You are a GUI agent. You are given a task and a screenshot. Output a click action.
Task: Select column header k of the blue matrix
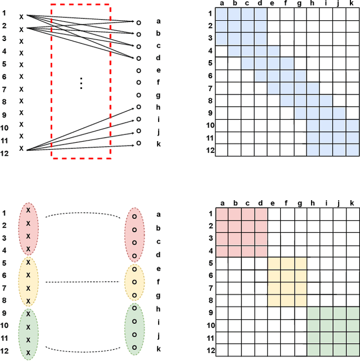click(352, 4)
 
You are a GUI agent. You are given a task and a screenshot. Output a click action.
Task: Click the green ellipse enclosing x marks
click(28, 334)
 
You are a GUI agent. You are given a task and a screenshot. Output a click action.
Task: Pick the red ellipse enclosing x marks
click(28, 229)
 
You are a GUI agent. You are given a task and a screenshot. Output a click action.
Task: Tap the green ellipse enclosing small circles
click(134, 328)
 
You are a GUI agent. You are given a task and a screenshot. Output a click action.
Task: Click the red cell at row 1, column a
click(222, 214)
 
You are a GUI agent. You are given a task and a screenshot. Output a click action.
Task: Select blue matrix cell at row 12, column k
click(352, 150)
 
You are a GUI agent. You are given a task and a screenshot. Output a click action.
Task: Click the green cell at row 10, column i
click(326, 324)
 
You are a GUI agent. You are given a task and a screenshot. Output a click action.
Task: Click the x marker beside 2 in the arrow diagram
click(21, 29)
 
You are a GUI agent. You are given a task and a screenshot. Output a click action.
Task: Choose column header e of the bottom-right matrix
click(274, 202)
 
